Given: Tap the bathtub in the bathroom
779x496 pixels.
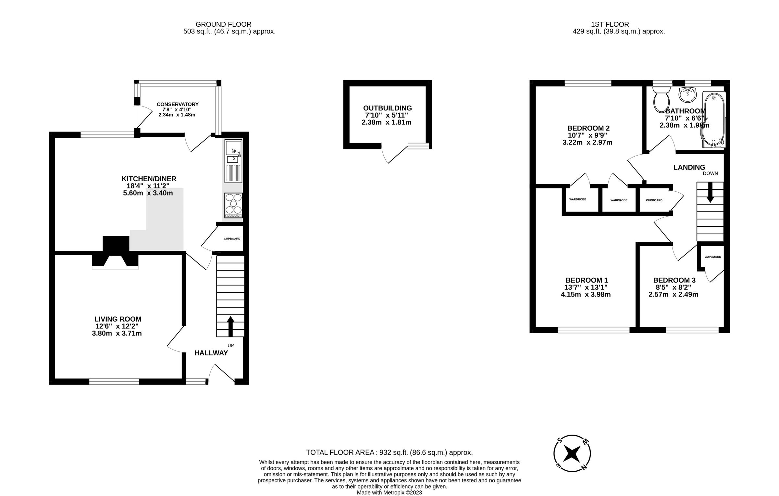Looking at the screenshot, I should [713, 120].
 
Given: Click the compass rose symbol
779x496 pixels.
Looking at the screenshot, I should [572, 453].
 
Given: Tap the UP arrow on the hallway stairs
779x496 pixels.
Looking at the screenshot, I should [230, 326].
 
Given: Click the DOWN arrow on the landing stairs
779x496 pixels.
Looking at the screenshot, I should [710, 192].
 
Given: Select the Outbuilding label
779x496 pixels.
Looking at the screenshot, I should [387, 108].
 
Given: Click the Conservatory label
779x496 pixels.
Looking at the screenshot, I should [178, 104].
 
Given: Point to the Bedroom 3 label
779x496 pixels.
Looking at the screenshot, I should [674, 280].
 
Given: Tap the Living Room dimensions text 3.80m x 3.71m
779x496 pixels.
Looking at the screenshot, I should [117, 333].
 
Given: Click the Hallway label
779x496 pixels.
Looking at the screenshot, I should [211, 353].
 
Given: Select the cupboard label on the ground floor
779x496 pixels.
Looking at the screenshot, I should [232, 239].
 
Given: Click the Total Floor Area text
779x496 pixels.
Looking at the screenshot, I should [389, 452].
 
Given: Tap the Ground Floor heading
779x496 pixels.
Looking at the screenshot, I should [223, 24].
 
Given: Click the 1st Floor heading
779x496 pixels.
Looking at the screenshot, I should [610, 24].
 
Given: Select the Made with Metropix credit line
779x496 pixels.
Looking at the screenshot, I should [389, 492].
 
